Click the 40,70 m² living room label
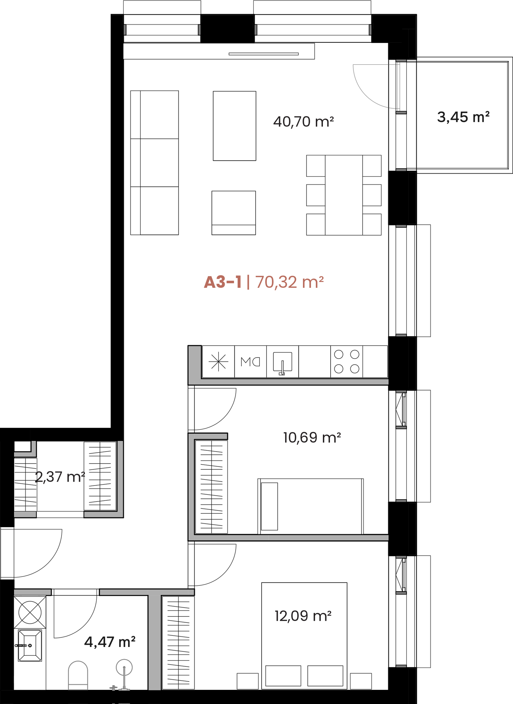pos(303,122)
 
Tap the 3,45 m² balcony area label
pos(463,117)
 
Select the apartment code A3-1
pos(223,282)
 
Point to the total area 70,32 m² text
pos(290,282)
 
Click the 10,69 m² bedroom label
pos(312,438)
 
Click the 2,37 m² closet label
pos(60,477)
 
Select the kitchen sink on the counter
pos(282,362)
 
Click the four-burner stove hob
pos(347,361)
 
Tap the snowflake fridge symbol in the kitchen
pos(218,361)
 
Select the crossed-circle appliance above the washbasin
pos(30,613)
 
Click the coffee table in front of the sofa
pos(234,126)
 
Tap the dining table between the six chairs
pos(344,195)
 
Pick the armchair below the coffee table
pos(233,213)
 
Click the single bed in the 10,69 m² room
pos(311,507)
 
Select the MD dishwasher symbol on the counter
pos(250,362)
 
